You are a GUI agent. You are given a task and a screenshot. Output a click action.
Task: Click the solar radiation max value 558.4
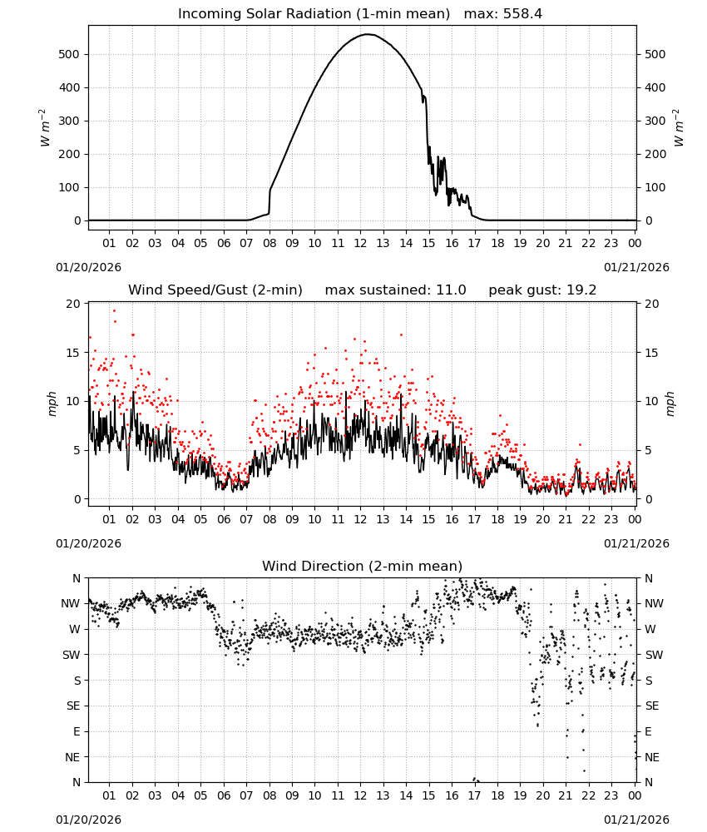coord(522,14)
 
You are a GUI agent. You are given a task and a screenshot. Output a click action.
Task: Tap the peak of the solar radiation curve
coord(368,34)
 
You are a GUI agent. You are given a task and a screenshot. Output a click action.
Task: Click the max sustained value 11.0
coord(451,290)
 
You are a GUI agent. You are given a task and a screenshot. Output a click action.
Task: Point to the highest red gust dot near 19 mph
coord(114,311)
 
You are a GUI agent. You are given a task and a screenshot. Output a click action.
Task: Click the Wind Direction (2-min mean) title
coord(363,566)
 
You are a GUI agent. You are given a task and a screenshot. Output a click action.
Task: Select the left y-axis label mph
coord(52,404)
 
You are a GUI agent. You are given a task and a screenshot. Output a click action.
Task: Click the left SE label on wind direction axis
coord(73,706)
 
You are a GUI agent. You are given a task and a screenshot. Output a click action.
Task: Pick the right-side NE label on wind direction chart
coord(652,757)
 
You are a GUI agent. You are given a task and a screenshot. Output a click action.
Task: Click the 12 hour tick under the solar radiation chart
coord(360,243)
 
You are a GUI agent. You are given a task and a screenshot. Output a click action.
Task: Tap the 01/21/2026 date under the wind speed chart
coord(636,543)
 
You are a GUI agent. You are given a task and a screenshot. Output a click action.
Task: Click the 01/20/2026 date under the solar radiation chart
coord(88,267)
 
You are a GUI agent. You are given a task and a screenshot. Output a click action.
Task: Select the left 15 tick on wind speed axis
coord(73,353)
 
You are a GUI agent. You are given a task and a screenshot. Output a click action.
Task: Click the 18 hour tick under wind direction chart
coord(497,795)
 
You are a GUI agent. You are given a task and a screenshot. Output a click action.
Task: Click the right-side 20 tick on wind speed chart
coord(652,304)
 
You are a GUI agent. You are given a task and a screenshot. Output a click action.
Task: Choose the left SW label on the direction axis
coord(72,655)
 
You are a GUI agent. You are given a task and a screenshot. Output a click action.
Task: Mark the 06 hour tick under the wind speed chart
coord(223,519)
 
